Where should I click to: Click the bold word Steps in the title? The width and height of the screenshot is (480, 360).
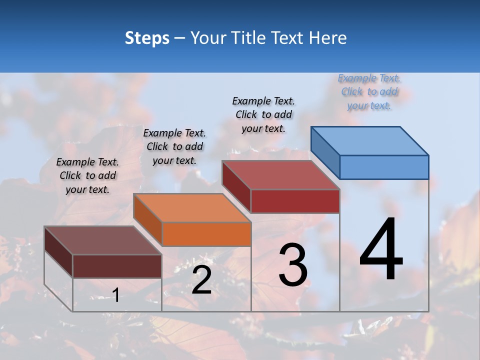pyautogui.click(x=147, y=38)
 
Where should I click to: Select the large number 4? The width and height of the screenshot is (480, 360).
pyautogui.click(x=381, y=250)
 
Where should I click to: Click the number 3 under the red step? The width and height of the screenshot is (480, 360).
pyautogui.click(x=293, y=265)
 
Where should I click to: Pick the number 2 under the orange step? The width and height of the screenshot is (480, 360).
pyautogui.click(x=201, y=280)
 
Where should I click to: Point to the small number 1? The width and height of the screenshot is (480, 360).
pyautogui.click(x=115, y=295)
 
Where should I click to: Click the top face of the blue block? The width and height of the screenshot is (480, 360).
pyautogui.click(x=370, y=140)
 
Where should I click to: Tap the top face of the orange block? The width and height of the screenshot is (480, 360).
pyautogui.click(x=192, y=207)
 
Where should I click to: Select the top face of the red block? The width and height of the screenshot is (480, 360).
pyautogui.click(x=281, y=175)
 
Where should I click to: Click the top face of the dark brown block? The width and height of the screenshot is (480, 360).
pyautogui.click(x=103, y=240)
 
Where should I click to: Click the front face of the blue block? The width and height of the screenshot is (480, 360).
pyautogui.click(x=384, y=167)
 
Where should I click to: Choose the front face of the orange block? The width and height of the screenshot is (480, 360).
pyautogui.click(x=206, y=234)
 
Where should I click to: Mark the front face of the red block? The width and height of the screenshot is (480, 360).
pyautogui.click(x=295, y=201)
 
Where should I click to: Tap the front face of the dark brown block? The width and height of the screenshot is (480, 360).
pyautogui.click(x=117, y=266)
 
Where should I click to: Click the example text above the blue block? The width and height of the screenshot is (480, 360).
pyautogui.click(x=369, y=92)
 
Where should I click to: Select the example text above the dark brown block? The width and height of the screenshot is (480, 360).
pyautogui.click(x=87, y=175)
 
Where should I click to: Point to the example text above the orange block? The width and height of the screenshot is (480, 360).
pyautogui.click(x=174, y=146)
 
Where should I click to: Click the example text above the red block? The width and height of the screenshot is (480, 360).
pyautogui.click(x=263, y=114)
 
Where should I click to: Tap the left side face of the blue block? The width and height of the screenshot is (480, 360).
pyautogui.click(x=325, y=152)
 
